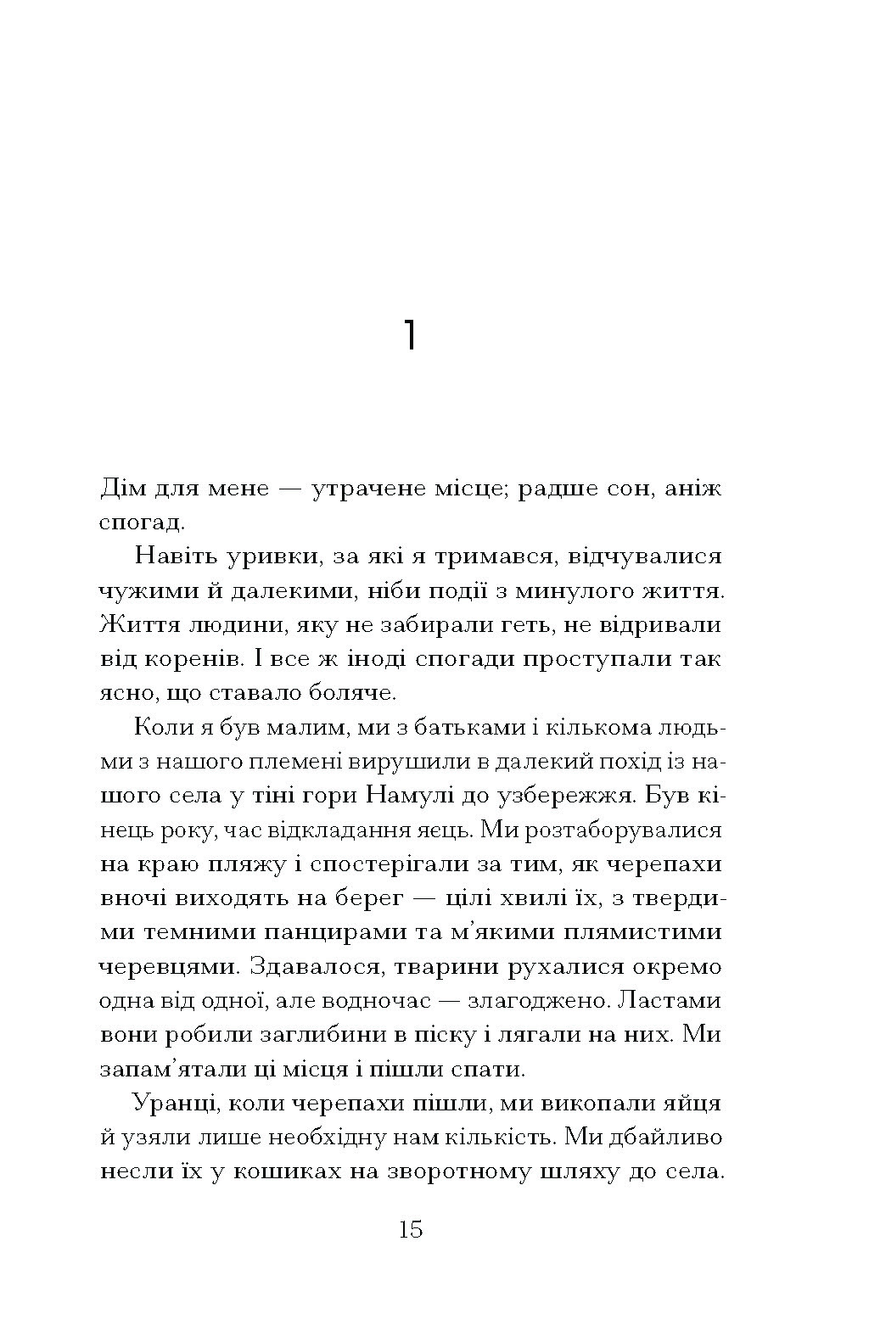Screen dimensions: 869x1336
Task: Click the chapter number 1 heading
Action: click(x=410, y=336)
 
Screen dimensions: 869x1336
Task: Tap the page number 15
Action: click(x=410, y=1229)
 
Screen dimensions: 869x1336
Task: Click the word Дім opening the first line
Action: click(x=125, y=489)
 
